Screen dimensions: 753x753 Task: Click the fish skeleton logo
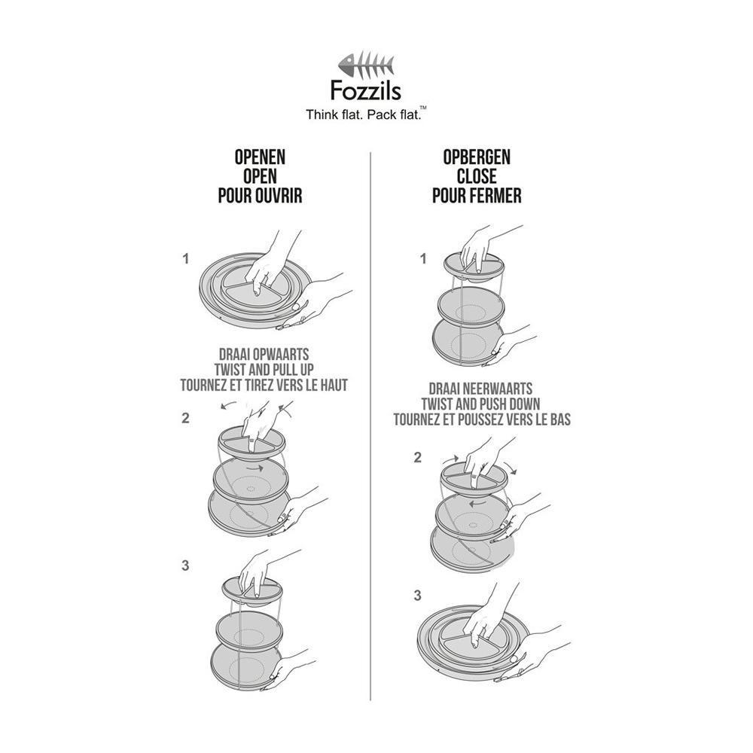tap(366, 64)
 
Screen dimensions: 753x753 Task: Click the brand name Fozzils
tap(366, 90)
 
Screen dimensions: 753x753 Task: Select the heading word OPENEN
tap(261, 157)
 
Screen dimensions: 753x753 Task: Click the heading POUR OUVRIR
tap(261, 196)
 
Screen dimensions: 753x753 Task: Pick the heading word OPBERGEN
tap(477, 157)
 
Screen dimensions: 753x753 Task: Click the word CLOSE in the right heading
tap(477, 176)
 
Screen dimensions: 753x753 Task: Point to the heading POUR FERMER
tap(477, 196)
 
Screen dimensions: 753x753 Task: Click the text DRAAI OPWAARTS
tap(264, 355)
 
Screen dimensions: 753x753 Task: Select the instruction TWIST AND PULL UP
tap(264, 370)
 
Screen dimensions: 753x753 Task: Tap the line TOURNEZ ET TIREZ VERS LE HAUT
tap(264, 385)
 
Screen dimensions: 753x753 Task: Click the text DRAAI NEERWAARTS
tap(480, 389)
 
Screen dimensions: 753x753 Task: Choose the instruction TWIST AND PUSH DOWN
tap(480, 404)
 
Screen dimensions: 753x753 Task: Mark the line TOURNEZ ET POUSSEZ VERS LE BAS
tap(482, 419)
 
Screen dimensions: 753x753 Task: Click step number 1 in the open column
tap(185, 259)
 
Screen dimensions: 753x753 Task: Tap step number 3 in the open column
tap(185, 566)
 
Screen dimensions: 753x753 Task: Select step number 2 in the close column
tap(418, 458)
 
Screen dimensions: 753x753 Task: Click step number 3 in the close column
tap(417, 596)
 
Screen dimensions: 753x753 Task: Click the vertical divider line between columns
tap(370, 426)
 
